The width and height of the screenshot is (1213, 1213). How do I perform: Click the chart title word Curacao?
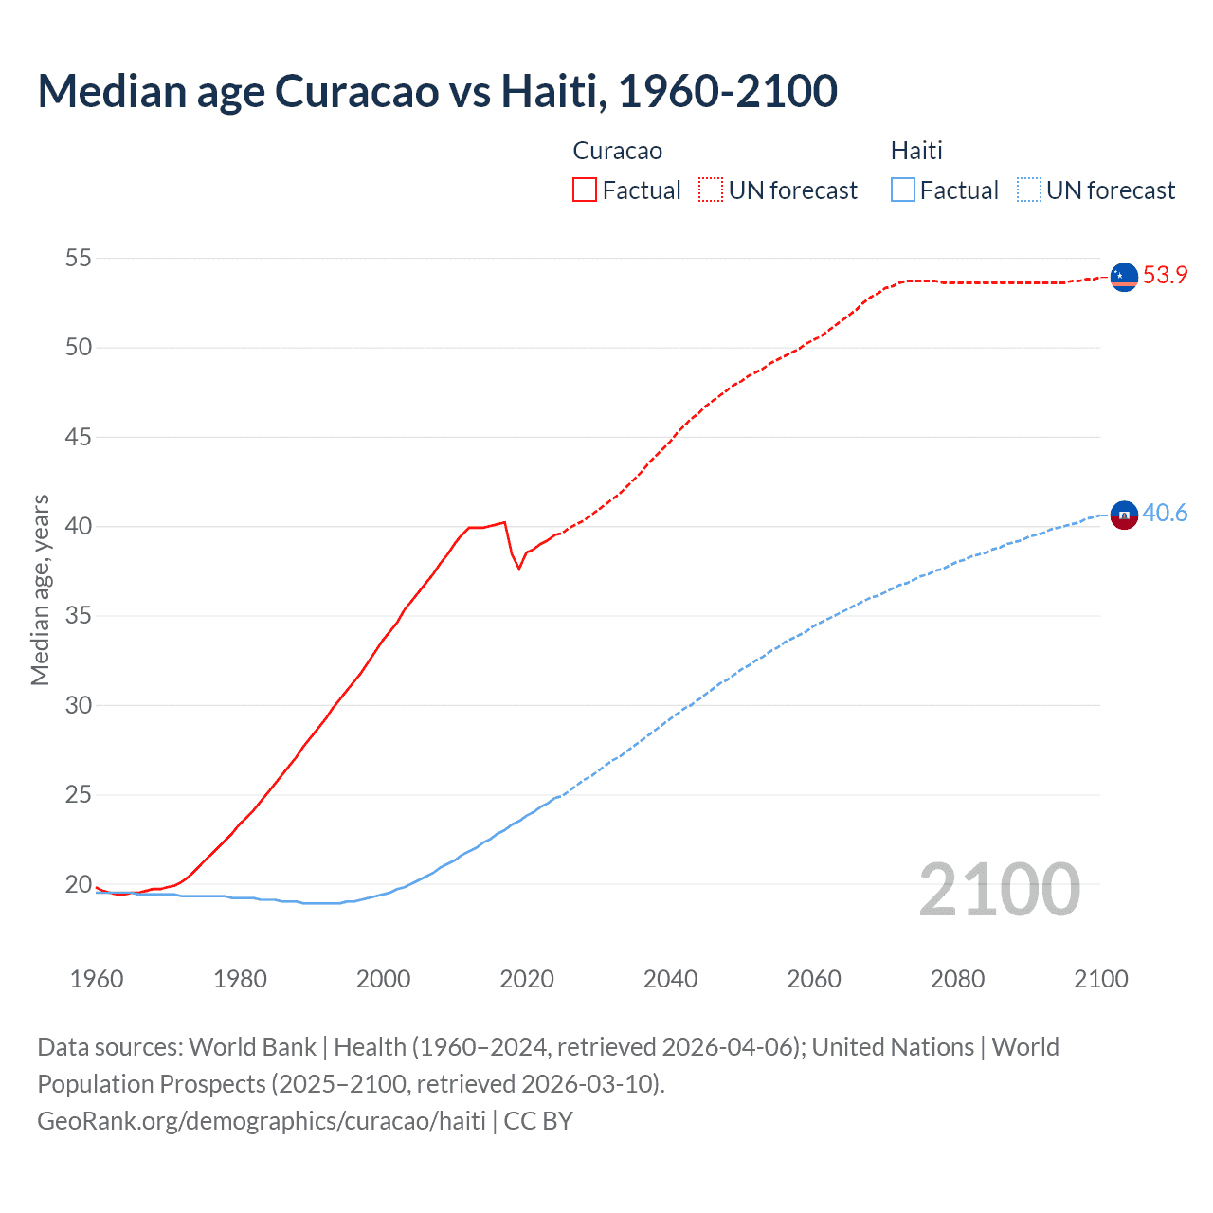point(357,91)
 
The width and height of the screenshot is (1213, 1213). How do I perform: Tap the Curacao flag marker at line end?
point(1124,276)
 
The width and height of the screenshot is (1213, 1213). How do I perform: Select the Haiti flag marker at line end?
point(1124,515)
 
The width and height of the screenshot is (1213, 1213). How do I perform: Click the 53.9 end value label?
point(1165,275)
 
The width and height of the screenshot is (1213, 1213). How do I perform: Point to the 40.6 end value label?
point(1165,513)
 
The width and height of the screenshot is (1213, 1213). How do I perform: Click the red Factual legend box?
point(585,190)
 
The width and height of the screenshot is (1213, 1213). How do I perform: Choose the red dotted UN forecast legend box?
point(711,190)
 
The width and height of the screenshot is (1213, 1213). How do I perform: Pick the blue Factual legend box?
point(903,190)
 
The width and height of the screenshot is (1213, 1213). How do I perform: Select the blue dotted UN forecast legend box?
point(1029,190)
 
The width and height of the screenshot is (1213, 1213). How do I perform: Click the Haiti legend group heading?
point(916,151)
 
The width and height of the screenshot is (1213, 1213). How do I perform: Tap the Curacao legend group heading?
point(618,151)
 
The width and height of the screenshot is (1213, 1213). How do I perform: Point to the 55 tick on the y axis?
point(79,258)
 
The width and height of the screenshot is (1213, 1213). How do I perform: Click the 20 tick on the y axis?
point(79,884)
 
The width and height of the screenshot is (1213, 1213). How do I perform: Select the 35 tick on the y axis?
point(79,616)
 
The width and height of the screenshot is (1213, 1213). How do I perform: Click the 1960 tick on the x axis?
point(97,979)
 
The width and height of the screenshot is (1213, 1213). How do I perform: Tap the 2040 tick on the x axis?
point(670,979)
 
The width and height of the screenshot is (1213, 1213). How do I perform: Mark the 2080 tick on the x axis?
point(957,979)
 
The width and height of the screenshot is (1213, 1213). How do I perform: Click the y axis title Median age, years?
point(40,589)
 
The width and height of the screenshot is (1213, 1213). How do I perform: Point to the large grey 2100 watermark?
point(1000,889)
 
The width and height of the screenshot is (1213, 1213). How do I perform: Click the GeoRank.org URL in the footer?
point(262,1120)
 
